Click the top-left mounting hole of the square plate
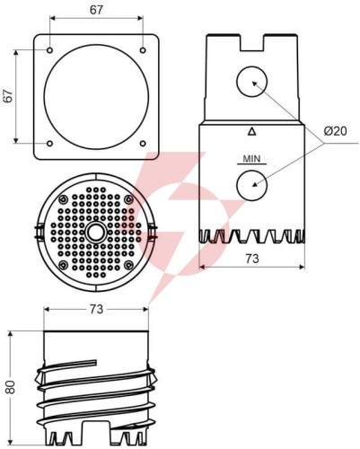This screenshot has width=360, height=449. pyautogui.click(x=50, y=50)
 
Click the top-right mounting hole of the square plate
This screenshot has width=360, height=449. pyautogui.click(x=143, y=50)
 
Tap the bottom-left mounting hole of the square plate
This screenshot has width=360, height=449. pyautogui.click(x=50, y=144)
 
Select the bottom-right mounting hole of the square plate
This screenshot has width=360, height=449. pyautogui.click(x=143, y=144)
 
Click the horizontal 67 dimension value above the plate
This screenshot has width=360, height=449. pyautogui.click(x=96, y=10)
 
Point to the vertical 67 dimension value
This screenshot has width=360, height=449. pyautogui.click(x=8, y=96)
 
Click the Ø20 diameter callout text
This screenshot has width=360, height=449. pyautogui.click(x=335, y=131)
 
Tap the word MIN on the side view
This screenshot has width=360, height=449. pyautogui.click(x=251, y=158)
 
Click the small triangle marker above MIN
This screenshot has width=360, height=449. pyautogui.click(x=252, y=131)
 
